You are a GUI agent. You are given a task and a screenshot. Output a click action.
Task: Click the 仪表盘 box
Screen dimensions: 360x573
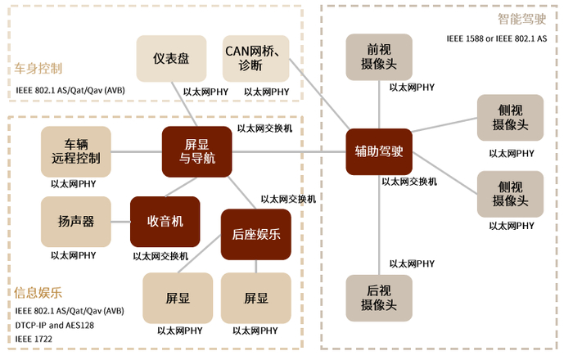click(x=171, y=58)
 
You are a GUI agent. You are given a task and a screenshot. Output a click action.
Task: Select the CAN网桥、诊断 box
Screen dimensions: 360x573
click(x=256, y=58)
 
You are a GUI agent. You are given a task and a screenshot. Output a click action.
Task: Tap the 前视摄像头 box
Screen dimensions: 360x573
click(x=379, y=57)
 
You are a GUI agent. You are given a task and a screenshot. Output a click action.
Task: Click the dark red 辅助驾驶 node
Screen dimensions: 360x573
click(x=379, y=151)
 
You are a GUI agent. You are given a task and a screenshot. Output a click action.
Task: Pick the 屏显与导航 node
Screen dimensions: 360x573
click(x=196, y=151)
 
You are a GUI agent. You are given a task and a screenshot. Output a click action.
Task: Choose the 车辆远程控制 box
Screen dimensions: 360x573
click(x=75, y=151)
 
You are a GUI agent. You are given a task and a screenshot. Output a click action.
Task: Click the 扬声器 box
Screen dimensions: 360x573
click(x=75, y=222)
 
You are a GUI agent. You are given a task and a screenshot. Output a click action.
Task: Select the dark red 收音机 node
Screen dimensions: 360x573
click(x=165, y=222)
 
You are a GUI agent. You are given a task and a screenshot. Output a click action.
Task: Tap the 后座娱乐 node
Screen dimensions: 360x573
click(x=256, y=234)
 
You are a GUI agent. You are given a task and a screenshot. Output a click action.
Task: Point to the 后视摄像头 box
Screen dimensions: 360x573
click(x=379, y=298)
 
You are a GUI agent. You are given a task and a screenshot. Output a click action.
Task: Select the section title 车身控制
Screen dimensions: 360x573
click(x=38, y=69)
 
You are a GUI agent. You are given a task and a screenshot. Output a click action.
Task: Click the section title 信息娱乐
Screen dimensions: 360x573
click(x=38, y=292)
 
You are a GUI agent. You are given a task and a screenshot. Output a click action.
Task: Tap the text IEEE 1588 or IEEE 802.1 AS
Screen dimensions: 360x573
click(x=496, y=38)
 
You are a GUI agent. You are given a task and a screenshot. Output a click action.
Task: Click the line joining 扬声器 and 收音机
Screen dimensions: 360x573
click(x=120, y=222)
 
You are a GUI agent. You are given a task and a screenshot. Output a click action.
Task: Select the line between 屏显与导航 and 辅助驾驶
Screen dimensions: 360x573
click(x=286, y=151)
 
